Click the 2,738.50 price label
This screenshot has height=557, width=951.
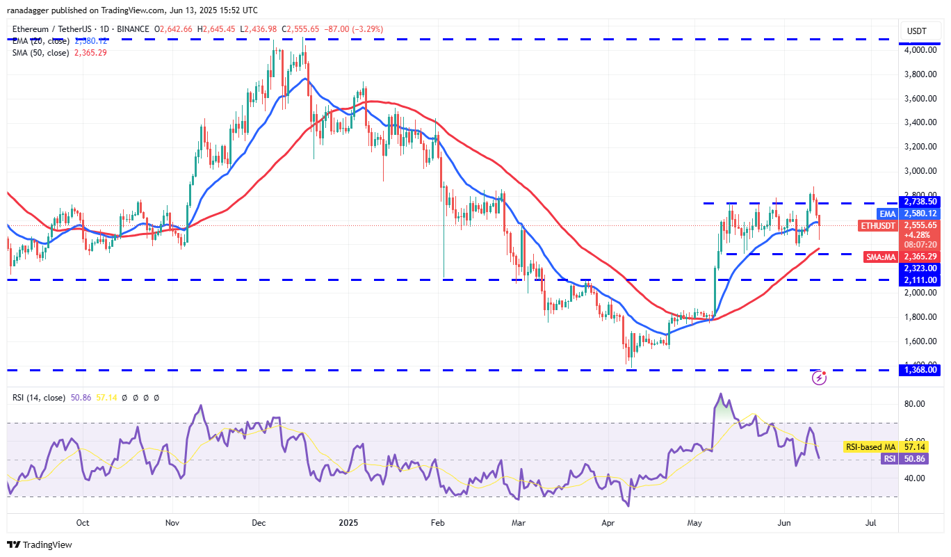(x=921, y=201)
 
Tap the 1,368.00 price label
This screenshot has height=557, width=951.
(x=921, y=370)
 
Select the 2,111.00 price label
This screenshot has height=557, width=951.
(x=921, y=280)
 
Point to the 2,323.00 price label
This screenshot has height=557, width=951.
(x=921, y=268)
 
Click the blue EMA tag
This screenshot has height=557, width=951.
(x=887, y=213)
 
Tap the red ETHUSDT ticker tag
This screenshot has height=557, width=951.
(x=879, y=225)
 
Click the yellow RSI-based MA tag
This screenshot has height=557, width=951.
(x=870, y=447)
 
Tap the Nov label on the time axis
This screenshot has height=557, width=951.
(x=174, y=522)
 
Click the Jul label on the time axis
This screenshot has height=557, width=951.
(x=870, y=522)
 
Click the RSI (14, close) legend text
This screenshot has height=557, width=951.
(x=38, y=398)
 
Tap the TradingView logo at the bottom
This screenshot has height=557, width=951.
(x=40, y=544)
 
